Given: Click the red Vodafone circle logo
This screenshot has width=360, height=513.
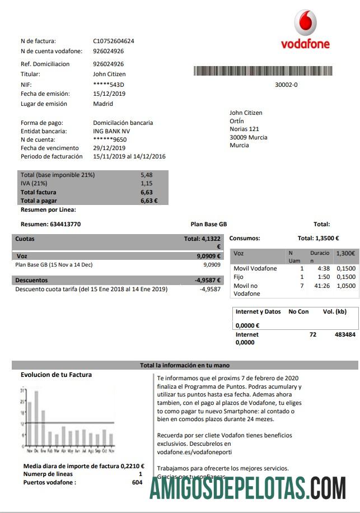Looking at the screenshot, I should [x=305, y=22].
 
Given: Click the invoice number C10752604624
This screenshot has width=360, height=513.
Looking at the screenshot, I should [x=114, y=41].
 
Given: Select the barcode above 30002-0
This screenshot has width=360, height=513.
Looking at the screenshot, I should [x=263, y=71].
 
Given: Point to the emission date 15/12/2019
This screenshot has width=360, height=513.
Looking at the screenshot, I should [x=109, y=94].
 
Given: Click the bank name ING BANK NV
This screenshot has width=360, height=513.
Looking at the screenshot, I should [x=111, y=131].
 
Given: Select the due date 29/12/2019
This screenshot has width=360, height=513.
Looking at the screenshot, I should [x=109, y=148].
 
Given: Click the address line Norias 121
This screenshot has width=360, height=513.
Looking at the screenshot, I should [x=245, y=129].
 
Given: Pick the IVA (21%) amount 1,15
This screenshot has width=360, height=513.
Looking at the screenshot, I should [x=146, y=183].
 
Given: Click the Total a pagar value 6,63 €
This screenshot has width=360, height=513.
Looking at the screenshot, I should [x=149, y=200].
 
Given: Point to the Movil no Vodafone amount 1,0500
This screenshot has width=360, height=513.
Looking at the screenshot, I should [x=345, y=286].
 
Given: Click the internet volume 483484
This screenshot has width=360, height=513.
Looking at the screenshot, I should [x=345, y=334].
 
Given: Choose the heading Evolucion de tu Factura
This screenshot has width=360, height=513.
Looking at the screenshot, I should [x=56, y=375].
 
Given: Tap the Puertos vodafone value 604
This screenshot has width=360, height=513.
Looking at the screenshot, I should [x=137, y=482].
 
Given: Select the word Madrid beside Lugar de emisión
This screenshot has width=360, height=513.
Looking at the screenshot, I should [x=103, y=104].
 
